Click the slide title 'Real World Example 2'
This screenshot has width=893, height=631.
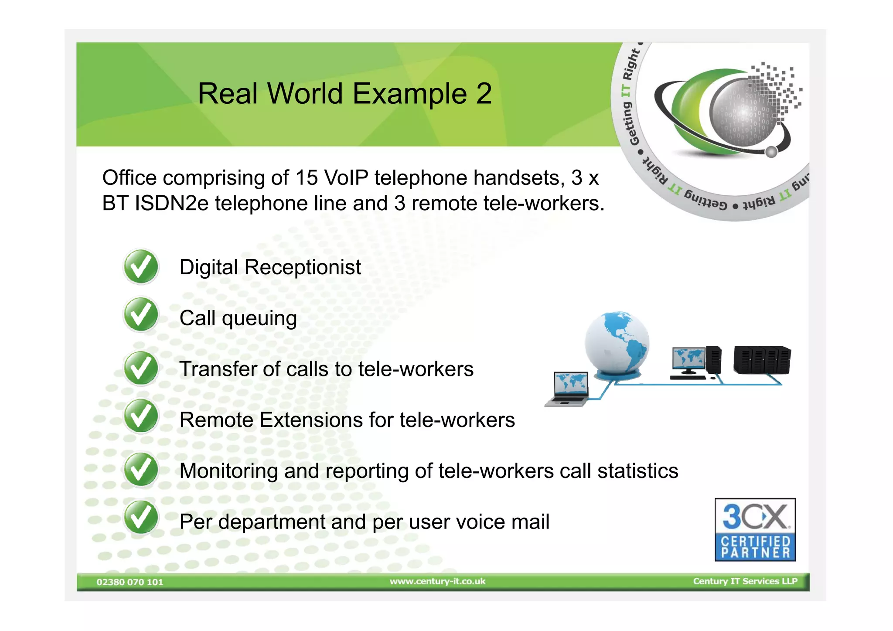[x=344, y=94]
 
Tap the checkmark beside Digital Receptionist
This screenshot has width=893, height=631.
[x=141, y=266]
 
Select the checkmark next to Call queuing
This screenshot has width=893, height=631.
[x=141, y=314]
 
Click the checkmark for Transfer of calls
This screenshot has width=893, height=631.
[x=141, y=368]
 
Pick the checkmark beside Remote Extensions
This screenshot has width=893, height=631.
[x=141, y=416]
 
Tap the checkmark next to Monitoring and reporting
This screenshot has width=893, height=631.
[x=141, y=470]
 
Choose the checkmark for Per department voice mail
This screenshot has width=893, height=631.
[x=141, y=517]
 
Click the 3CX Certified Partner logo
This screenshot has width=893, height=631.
[x=755, y=529]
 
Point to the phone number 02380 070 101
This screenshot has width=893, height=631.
[x=130, y=582]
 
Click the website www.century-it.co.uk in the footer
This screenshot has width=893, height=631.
[x=437, y=581]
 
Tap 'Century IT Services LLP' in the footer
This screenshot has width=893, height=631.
[x=745, y=581]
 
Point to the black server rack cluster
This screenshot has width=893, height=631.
[x=762, y=360]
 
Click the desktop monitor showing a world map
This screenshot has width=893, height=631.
[x=688, y=359]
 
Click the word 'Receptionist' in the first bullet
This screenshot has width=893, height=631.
[x=303, y=267]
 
